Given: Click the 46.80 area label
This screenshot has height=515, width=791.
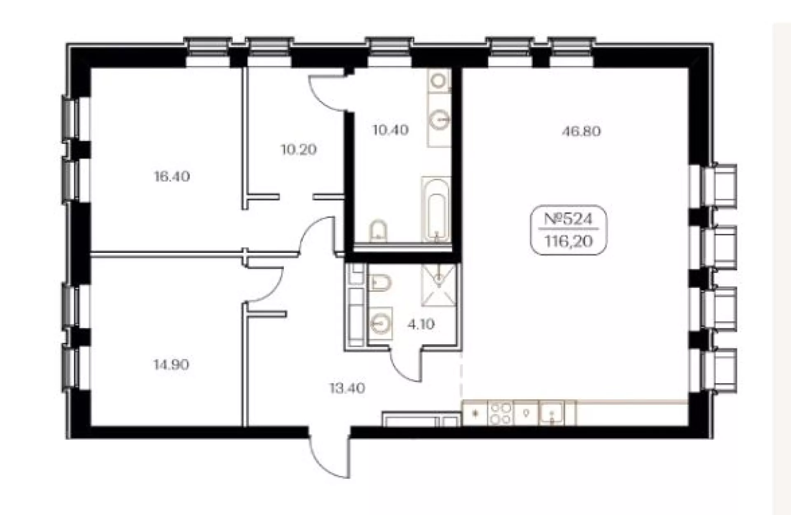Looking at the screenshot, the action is point(581,131).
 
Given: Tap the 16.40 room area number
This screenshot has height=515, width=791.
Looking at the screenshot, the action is point(172,177).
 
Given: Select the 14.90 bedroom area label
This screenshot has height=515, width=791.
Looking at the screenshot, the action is point(171,365).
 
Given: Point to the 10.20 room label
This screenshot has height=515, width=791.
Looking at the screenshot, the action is point(299,149).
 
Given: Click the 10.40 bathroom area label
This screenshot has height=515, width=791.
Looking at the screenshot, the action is point(391,130).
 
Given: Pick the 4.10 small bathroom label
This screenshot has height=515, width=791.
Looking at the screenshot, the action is point(421,324).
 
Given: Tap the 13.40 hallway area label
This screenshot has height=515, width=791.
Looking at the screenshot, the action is point(347,388).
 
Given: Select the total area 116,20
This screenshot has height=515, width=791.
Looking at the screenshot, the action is point(569,241).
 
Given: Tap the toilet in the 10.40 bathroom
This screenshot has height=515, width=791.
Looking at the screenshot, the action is point(378,231).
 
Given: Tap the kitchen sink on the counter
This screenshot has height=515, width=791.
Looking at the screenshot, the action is point(552,413).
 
